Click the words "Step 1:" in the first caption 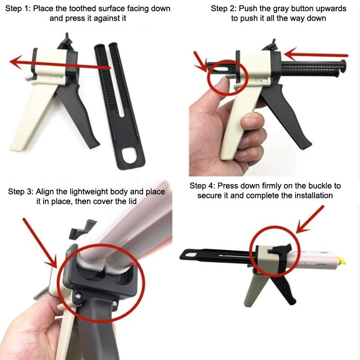pos(18,9)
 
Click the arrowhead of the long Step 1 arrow pos(16,62)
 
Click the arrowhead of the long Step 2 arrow pos(290,54)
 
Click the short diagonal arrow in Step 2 pos(200,62)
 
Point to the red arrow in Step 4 pos(310,220)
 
